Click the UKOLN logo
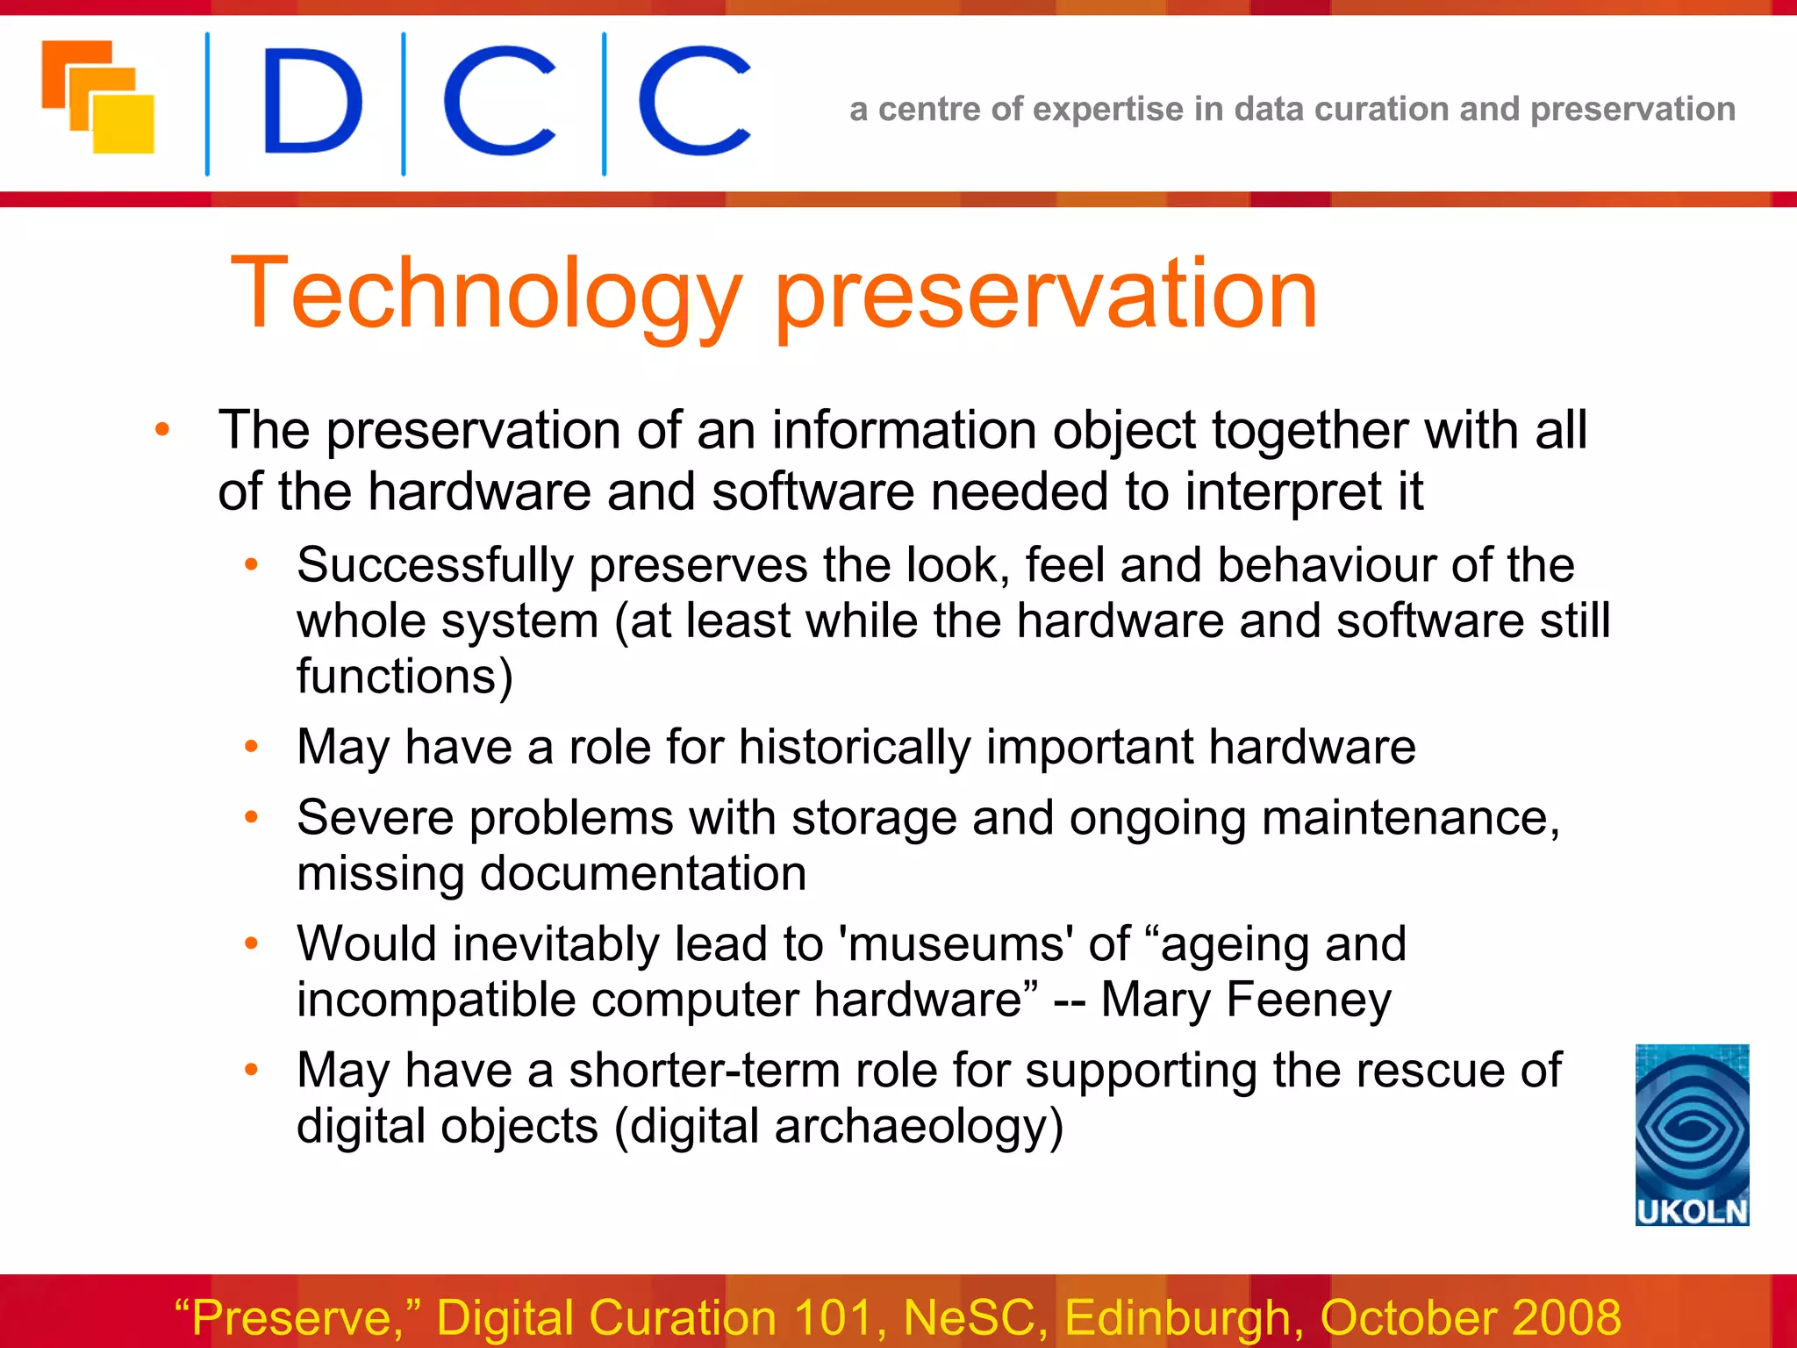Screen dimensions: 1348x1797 point(1692,1134)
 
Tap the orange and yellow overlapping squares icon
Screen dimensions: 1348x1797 point(98,97)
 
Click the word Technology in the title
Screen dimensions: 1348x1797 point(486,295)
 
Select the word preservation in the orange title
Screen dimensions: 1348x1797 point(1046,295)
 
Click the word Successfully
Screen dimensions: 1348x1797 point(434,565)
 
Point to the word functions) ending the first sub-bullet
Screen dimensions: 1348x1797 point(405,677)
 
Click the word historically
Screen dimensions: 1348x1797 point(855,748)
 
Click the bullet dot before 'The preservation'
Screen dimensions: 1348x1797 point(162,430)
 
